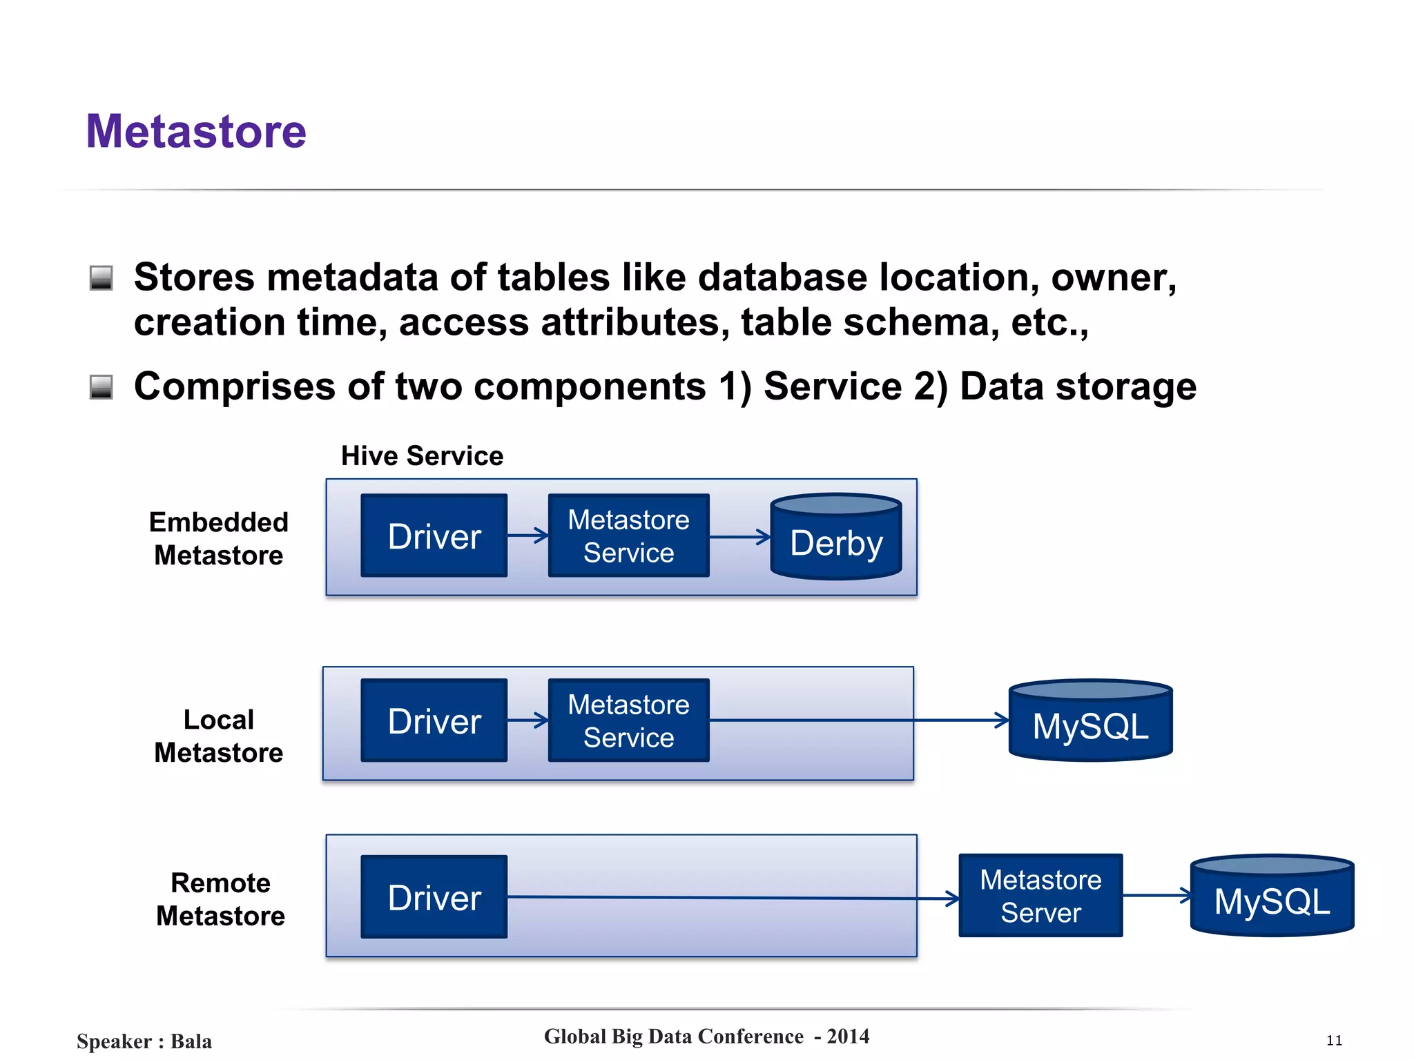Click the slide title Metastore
click(x=196, y=131)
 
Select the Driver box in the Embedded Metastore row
click(x=434, y=536)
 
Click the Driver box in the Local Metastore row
click(x=434, y=720)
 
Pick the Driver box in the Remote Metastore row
click(x=434, y=897)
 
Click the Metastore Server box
click(x=1040, y=896)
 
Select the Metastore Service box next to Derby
click(x=628, y=536)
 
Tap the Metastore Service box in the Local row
click(x=628, y=720)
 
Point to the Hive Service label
click(x=422, y=456)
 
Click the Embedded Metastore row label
click(x=218, y=538)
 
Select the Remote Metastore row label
click(x=220, y=899)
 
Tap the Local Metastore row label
click(x=218, y=736)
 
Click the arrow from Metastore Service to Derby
click(x=739, y=537)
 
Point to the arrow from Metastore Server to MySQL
click(x=1156, y=896)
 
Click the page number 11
click(x=1334, y=1041)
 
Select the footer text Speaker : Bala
click(x=144, y=1041)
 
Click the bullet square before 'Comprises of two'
click(x=101, y=387)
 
